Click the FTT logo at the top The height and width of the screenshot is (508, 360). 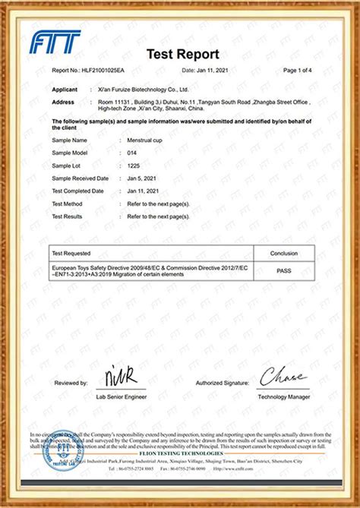(x=55, y=43)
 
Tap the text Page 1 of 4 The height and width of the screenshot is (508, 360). (x=298, y=70)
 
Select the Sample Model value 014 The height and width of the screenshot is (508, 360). (x=131, y=153)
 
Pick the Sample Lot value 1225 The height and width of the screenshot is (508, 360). (x=132, y=166)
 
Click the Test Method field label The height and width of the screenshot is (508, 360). (x=67, y=204)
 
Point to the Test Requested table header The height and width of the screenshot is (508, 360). (x=71, y=253)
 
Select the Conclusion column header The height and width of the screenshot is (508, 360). (x=283, y=253)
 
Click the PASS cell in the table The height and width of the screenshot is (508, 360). (x=283, y=270)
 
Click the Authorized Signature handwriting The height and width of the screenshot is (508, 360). (x=283, y=377)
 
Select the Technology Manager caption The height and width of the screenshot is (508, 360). (x=283, y=396)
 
